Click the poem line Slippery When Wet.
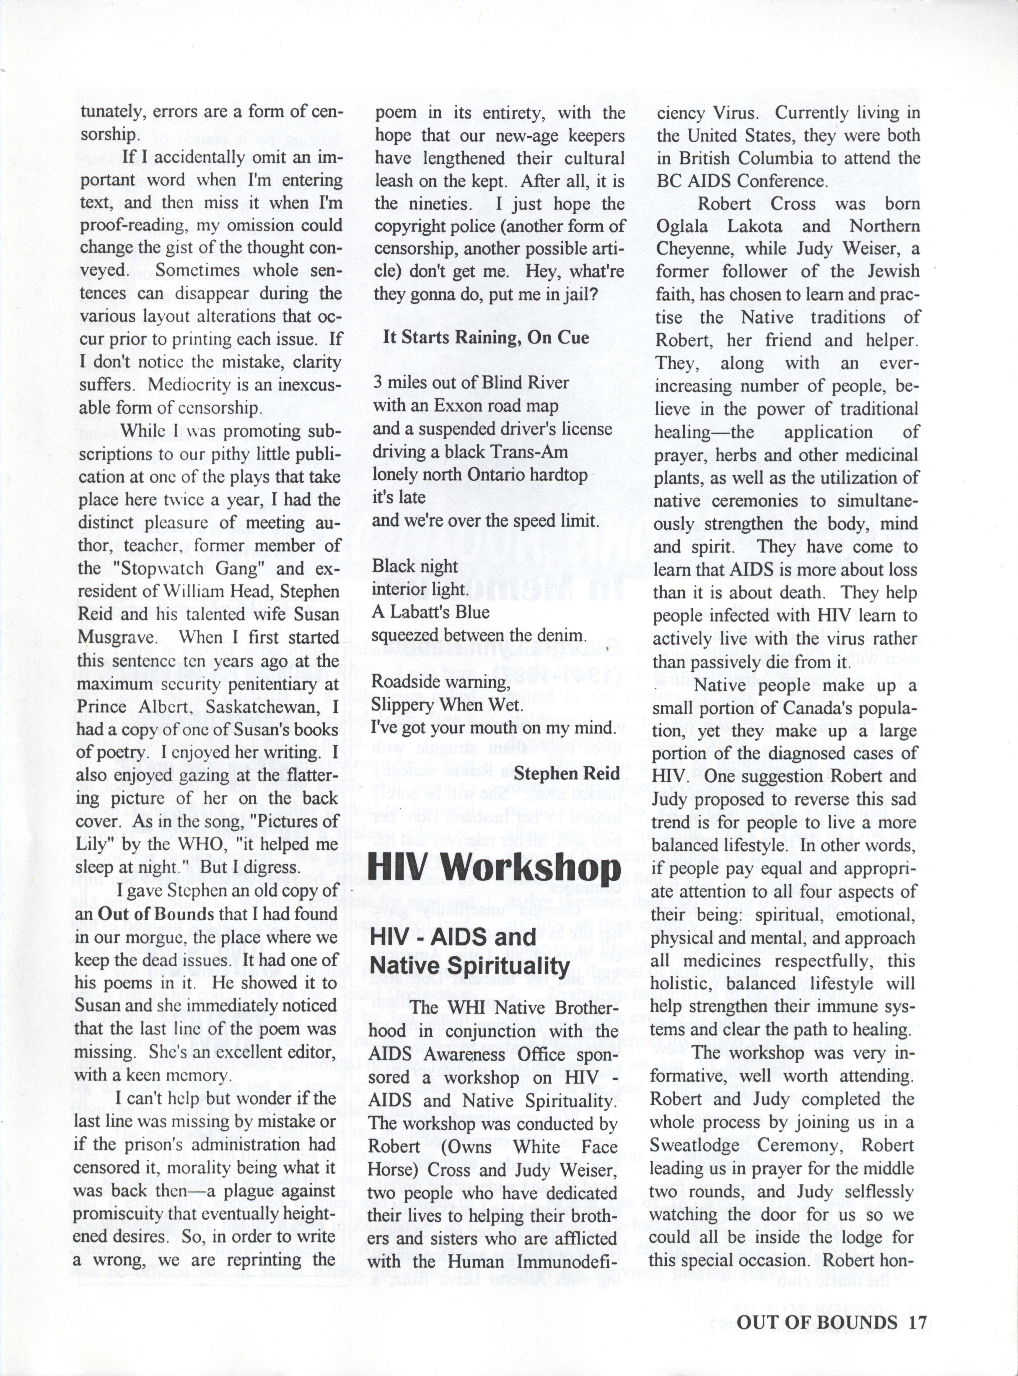click(x=447, y=705)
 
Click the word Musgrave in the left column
click(x=114, y=637)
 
